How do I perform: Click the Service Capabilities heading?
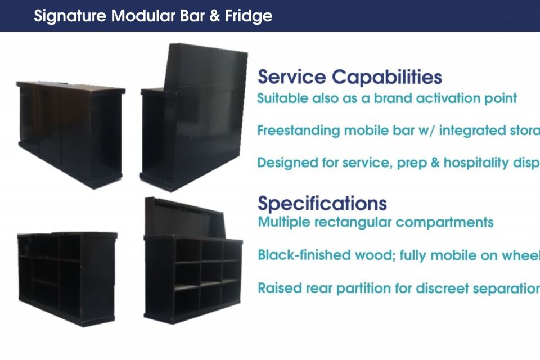[349, 77]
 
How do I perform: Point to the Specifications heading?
[322, 203]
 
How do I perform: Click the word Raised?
[279, 288]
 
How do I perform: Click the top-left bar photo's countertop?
[70, 87]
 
